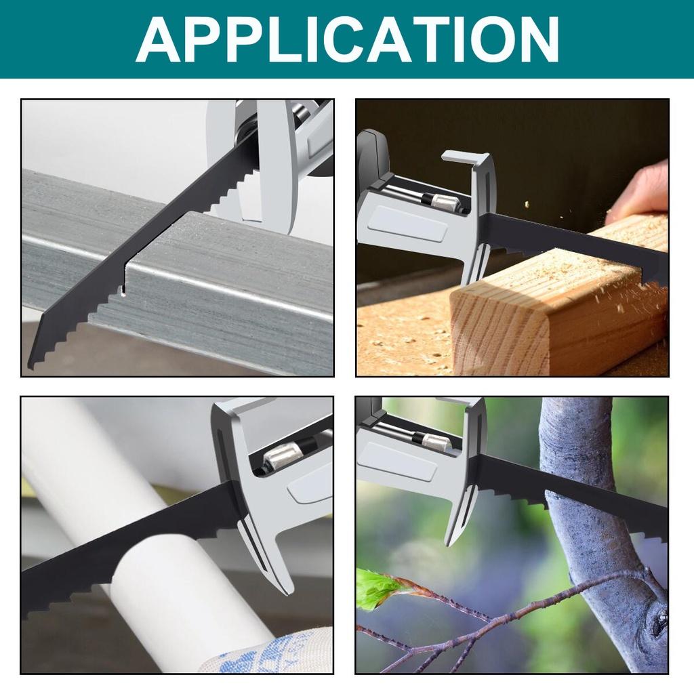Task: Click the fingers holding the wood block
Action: click(x=640, y=193)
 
